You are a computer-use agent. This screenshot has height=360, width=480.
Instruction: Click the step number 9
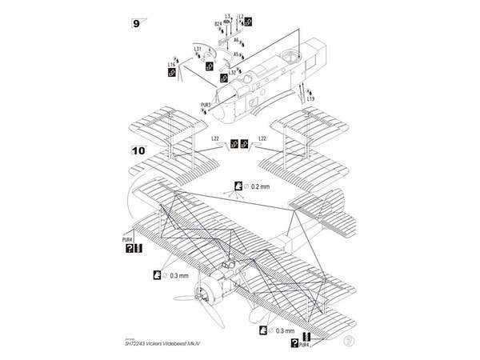[x=136, y=23]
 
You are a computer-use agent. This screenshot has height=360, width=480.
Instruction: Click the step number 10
[x=137, y=150]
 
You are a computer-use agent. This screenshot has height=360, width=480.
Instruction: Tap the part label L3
[x=228, y=16]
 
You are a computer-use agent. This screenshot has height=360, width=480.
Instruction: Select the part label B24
[x=218, y=25]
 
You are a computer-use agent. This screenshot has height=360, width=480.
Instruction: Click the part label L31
[x=197, y=50]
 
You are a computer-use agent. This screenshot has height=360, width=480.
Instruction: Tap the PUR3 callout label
[x=206, y=105]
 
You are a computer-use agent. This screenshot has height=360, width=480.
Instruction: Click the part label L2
[x=239, y=16]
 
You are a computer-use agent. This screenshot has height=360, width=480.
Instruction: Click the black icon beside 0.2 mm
[x=238, y=186]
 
